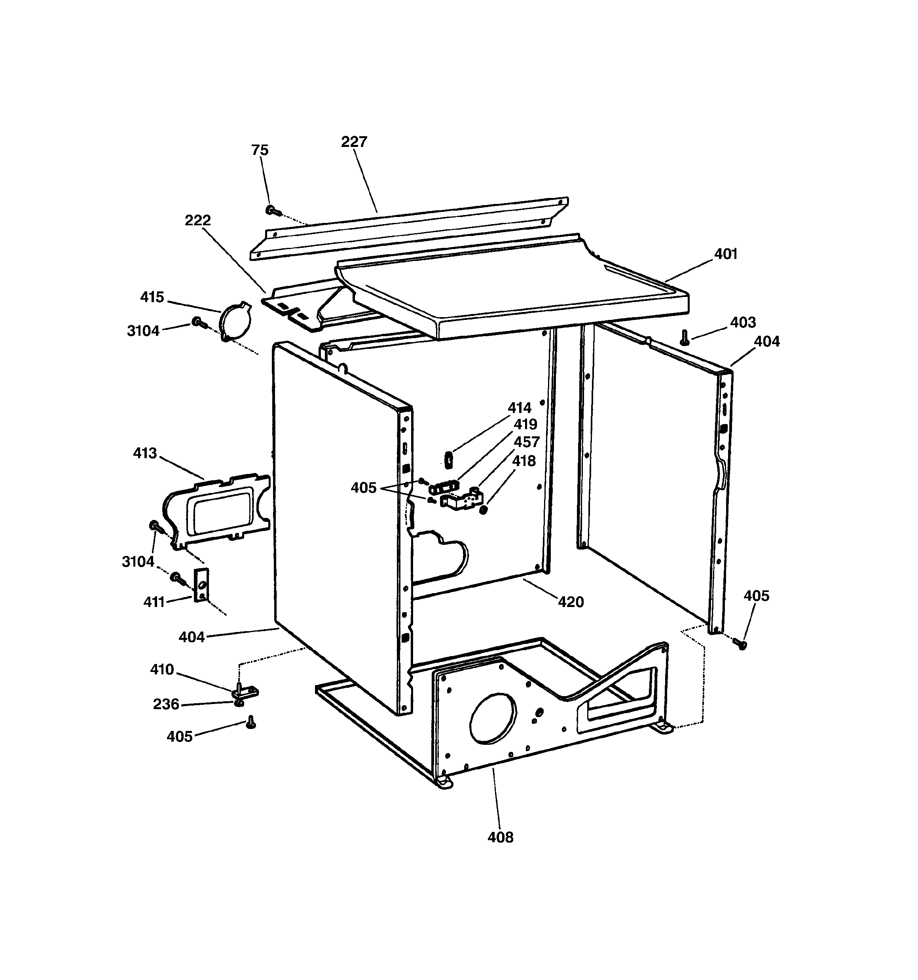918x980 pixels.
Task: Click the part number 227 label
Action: (x=354, y=142)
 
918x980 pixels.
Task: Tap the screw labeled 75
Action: (x=273, y=211)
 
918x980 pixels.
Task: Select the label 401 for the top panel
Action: (x=725, y=254)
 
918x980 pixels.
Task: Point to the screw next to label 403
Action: (x=684, y=338)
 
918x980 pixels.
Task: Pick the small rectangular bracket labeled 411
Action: (x=201, y=585)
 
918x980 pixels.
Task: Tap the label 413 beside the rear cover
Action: (x=145, y=453)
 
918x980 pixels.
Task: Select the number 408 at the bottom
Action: (x=500, y=837)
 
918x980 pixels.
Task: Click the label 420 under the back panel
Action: (x=571, y=601)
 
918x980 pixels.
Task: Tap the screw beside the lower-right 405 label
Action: (x=739, y=643)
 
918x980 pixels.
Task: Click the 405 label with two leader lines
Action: (x=363, y=488)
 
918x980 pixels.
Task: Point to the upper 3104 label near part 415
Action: (x=143, y=331)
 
